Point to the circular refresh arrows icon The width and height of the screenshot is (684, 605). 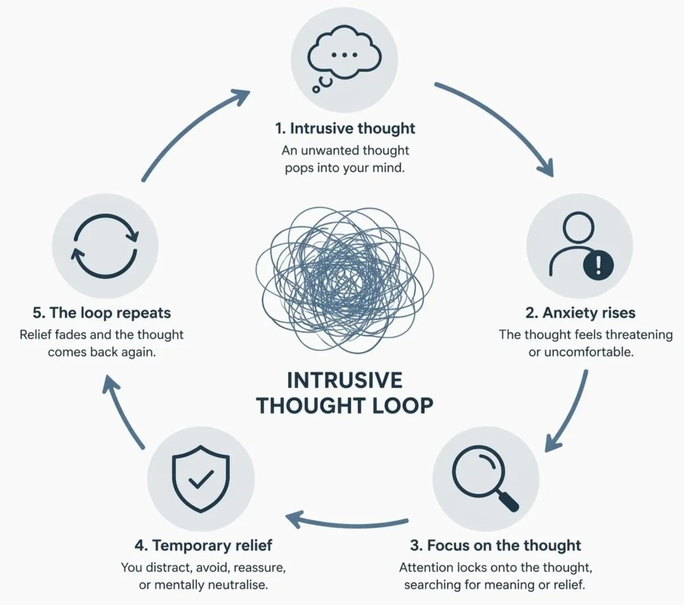coord(104,246)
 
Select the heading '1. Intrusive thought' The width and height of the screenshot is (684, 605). coord(345,128)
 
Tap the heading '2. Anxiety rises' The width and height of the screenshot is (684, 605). coord(580,312)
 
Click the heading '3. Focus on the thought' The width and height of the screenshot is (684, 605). coord(495,545)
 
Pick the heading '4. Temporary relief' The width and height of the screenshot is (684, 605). coord(203,545)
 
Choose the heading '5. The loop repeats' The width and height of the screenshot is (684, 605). coord(102,312)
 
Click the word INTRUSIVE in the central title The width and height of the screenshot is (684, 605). coord(345,380)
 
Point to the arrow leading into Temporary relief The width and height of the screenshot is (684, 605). coord(346,521)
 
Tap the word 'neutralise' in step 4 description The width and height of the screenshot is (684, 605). coord(237,584)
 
